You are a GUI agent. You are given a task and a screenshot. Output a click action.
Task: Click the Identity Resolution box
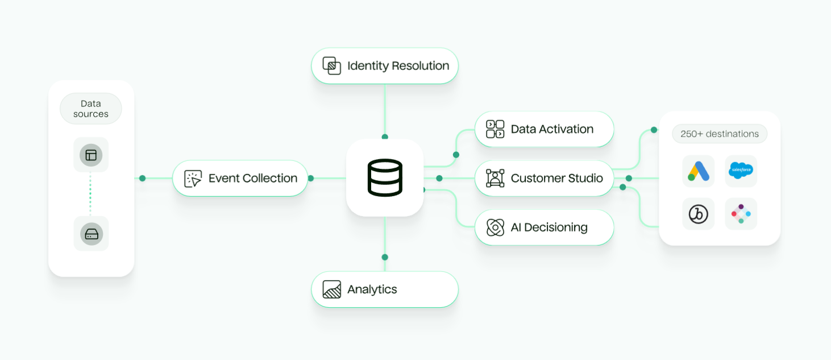[385, 66]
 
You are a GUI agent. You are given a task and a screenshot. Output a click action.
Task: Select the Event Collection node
[240, 179]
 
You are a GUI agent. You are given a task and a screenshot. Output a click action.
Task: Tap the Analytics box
[385, 289]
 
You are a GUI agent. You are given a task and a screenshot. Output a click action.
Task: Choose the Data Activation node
[544, 129]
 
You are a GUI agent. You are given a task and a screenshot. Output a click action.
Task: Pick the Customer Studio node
[544, 179]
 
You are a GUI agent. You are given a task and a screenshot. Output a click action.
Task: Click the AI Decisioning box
[544, 227]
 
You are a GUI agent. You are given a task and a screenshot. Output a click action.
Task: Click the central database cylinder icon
[385, 178]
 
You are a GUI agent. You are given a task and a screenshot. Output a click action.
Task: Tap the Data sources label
[91, 109]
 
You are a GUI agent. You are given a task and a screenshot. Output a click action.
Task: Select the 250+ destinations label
[720, 134]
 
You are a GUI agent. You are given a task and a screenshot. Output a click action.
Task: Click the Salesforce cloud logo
[741, 171]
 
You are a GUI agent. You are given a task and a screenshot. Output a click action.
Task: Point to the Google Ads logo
[699, 171]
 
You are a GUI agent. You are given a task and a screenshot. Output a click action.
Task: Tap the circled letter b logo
[698, 214]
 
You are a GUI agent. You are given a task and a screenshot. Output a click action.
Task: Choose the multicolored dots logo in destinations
[741, 214]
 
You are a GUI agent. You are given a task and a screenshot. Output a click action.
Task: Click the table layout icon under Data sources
[91, 155]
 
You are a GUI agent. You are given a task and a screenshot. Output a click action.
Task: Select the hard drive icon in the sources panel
[92, 234]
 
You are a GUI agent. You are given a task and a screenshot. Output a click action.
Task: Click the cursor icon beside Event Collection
[193, 179]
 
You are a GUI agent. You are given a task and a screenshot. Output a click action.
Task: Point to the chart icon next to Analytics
[331, 289]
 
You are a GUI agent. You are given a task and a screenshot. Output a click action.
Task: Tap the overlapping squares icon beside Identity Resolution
[331, 66]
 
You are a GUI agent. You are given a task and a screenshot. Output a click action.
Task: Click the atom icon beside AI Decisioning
[495, 227]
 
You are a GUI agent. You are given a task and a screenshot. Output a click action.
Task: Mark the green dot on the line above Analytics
[385, 257]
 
